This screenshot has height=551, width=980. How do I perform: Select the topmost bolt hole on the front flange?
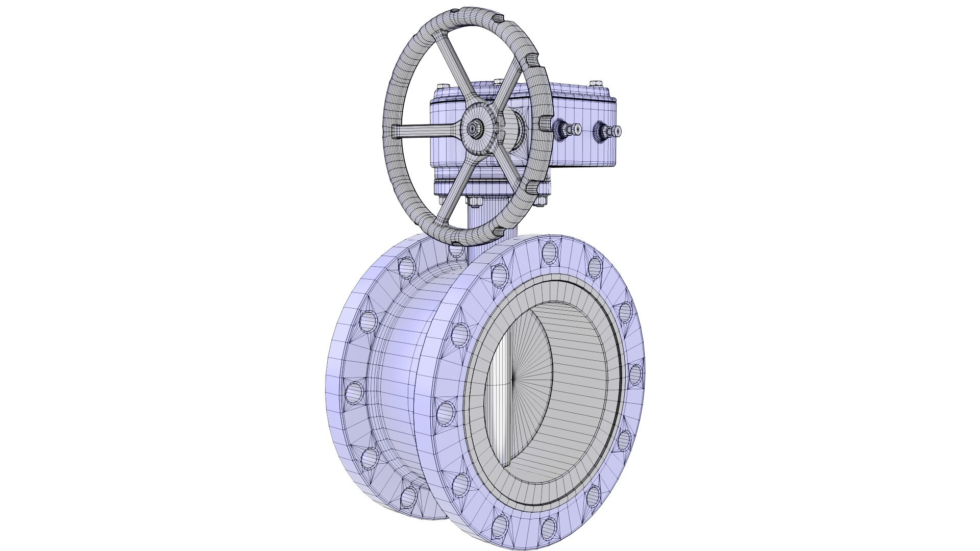pos(550,249)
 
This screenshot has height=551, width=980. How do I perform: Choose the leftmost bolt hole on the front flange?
pos(446,411)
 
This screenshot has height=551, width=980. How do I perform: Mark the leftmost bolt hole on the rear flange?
pos(353,392)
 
